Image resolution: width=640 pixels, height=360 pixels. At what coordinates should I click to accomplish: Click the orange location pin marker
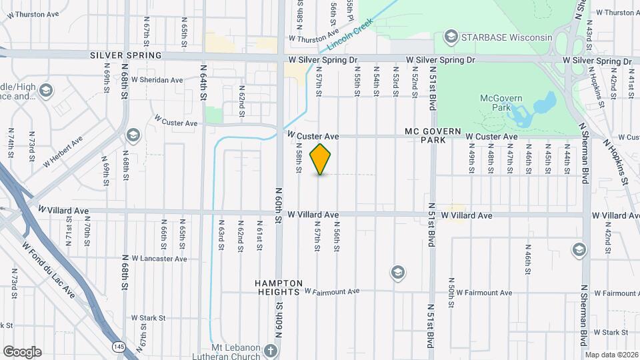click(x=321, y=159)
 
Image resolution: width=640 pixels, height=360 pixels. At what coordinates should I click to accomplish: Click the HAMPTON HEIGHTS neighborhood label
click(x=279, y=287)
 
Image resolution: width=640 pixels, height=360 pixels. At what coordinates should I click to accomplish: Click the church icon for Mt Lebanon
click(x=270, y=350)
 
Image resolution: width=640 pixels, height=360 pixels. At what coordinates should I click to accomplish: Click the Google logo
click(x=22, y=352)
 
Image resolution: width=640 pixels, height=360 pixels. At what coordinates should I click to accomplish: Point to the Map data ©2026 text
click(x=611, y=355)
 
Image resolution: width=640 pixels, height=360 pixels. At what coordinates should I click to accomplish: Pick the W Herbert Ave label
click(x=63, y=152)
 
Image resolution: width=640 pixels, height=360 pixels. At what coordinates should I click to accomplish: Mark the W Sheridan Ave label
click(x=157, y=80)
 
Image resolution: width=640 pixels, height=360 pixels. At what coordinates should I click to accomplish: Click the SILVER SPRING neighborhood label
click(x=126, y=55)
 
